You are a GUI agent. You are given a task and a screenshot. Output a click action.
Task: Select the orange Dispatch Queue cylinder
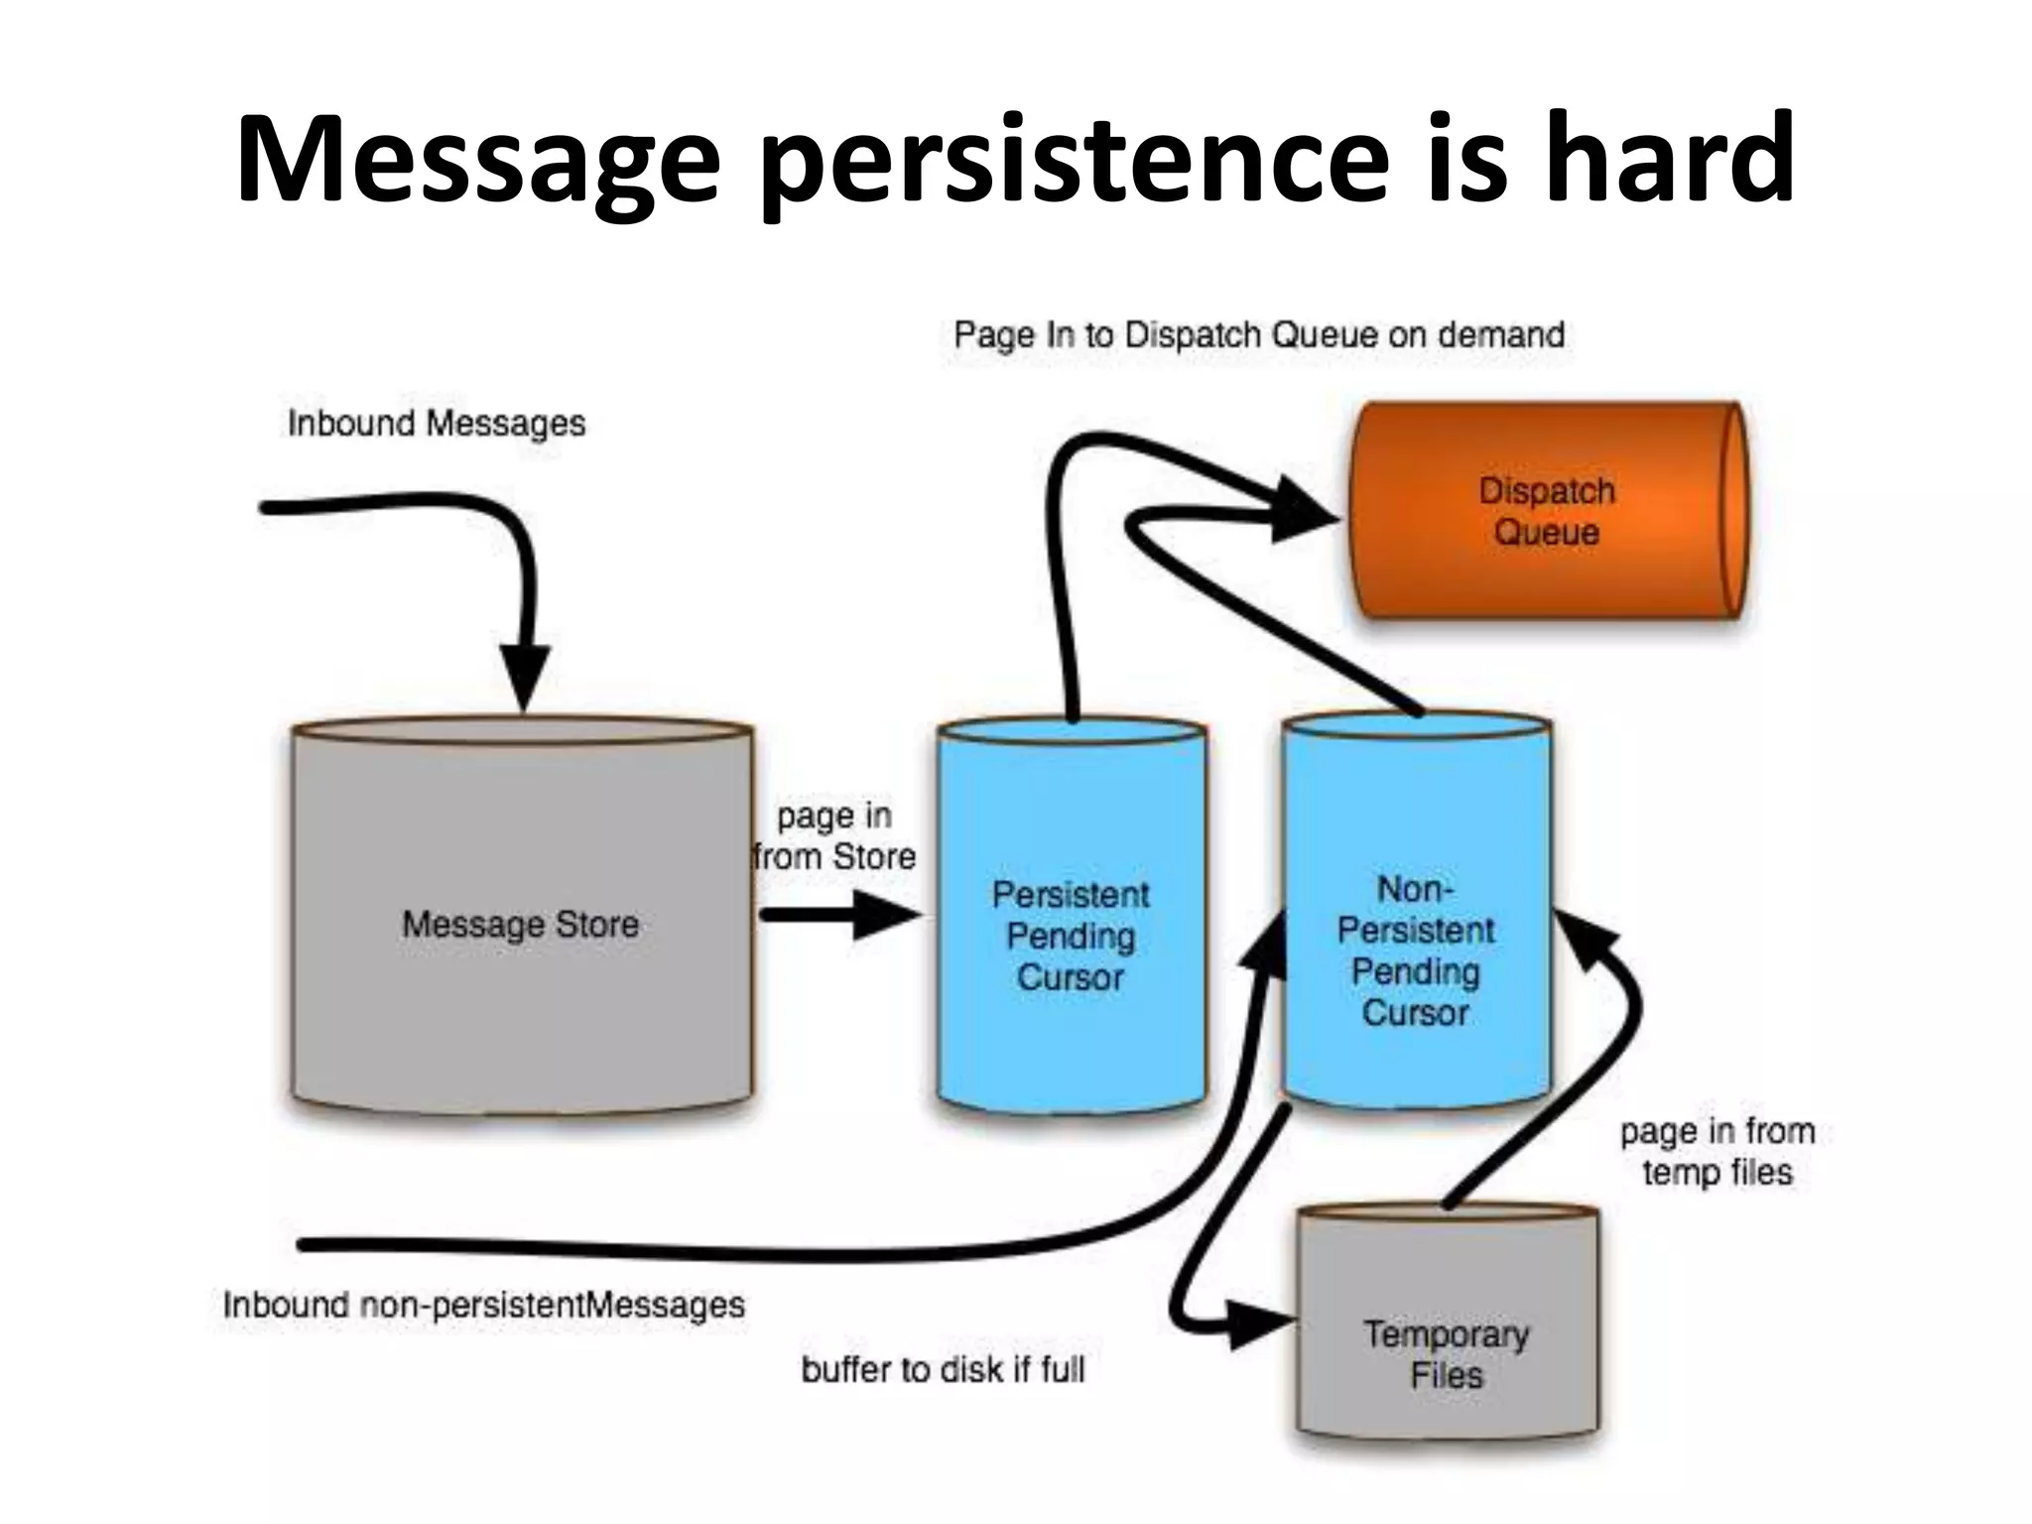coord(1546,511)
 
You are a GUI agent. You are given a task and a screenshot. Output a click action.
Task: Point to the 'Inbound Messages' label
coord(437,424)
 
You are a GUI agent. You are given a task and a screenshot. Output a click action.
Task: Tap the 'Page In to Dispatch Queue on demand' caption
coord(1258,335)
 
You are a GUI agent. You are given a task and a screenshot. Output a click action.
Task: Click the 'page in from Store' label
coord(833,836)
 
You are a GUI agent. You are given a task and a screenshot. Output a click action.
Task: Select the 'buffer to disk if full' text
coord(943,1370)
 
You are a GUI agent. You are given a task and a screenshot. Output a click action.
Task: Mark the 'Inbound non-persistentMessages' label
coord(483,1304)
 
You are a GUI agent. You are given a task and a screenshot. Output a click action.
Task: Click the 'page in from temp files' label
coord(1716,1152)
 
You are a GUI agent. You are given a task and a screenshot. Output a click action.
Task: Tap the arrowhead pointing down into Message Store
coord(524,675)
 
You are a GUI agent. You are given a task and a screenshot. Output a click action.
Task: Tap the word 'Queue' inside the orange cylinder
coord(1546,533)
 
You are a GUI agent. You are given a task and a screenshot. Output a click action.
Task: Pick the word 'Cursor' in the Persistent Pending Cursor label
coord(1070,978)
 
